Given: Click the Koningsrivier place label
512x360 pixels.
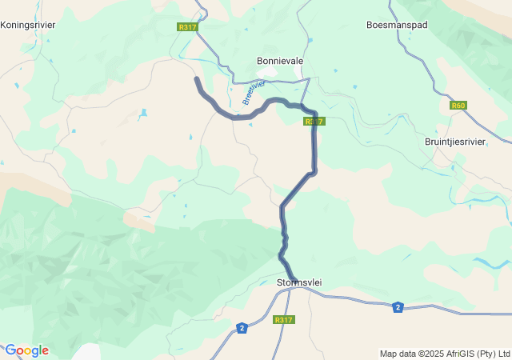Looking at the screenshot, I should [28, 25].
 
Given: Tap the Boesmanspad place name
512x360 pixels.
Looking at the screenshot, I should [397, 25].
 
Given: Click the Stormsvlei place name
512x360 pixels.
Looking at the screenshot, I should [299, 283].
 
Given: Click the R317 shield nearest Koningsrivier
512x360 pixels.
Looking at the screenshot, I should [187, 27].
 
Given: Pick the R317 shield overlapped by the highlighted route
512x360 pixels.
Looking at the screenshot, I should [313, 122].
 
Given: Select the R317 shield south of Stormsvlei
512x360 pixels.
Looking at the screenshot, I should [283, 320].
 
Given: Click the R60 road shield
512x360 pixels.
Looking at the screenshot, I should [458, 105].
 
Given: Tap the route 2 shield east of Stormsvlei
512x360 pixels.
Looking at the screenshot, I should [398, 306].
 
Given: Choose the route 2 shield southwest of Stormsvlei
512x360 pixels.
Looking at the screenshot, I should [242, 328].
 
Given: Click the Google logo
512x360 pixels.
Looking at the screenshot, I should [26, 350].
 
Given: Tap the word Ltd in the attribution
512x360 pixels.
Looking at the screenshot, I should [503, 354].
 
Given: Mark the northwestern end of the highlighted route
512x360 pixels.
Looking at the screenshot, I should [197, 78].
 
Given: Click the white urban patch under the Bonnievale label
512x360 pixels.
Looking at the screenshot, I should [270, 74].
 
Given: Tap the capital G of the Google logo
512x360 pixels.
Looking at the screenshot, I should [10, 350].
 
